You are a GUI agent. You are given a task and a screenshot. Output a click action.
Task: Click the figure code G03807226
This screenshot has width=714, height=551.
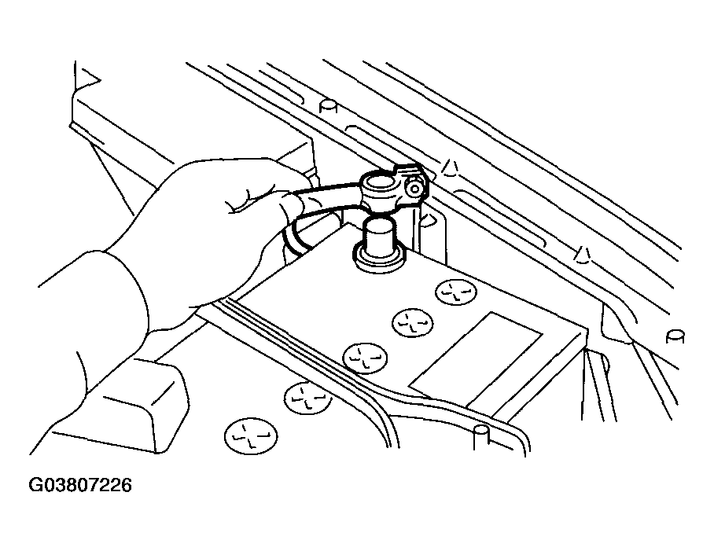[81, 486]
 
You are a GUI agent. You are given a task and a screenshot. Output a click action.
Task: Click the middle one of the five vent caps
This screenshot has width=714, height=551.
[365, 358]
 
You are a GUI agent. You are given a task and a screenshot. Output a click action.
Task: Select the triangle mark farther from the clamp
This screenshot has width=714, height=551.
[582, 252]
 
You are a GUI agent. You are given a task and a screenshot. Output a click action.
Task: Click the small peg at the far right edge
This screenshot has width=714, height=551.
[674, 336]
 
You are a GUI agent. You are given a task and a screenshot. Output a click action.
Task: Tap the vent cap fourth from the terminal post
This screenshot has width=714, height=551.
[307, 396]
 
